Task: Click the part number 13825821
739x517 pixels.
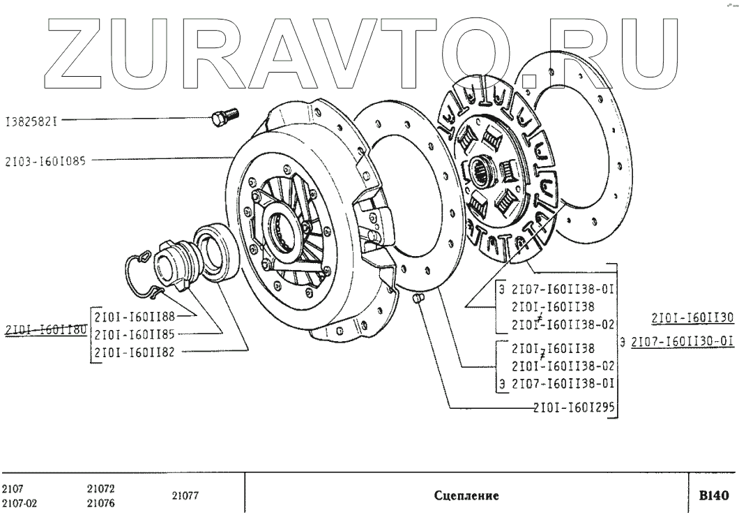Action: tap(30, 120)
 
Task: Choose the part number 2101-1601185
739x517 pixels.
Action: tap(134, 334)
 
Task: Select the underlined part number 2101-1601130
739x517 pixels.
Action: tap(692, 318)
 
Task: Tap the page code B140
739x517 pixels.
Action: tap(713, 496)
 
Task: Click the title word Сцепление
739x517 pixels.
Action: tap(466, 497)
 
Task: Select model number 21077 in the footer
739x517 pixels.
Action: tap(185, 496)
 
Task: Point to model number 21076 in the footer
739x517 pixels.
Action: tap(101, 503)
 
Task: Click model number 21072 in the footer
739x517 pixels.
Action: tap(101, 489)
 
